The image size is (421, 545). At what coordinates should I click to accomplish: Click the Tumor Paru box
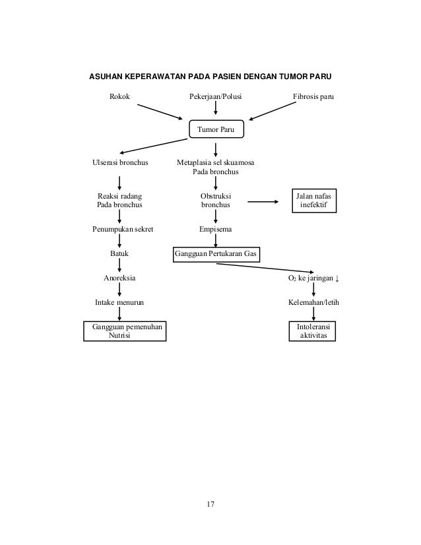(x=216, y=129)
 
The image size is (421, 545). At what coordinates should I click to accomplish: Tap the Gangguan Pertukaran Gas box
(x=216, y=254)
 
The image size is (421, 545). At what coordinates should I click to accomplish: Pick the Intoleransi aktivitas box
(x=313, y=331)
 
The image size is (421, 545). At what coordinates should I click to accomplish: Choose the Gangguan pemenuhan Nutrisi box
(x=125, y=331)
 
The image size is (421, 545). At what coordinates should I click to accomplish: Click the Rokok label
(x=119, y=97)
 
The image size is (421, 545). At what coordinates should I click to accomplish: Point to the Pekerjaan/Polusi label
(x=216, y=97)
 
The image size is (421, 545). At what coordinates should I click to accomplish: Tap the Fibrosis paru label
(x=313, y=97)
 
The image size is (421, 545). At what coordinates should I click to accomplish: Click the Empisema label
(x=216, y=230)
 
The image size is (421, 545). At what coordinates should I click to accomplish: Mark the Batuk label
(x=119, y=254)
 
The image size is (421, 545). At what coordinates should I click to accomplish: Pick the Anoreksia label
(x=119, y=278)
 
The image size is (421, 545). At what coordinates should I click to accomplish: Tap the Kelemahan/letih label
(x=313, y=302)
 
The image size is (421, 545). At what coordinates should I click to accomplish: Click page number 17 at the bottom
(x=210, y=505)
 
